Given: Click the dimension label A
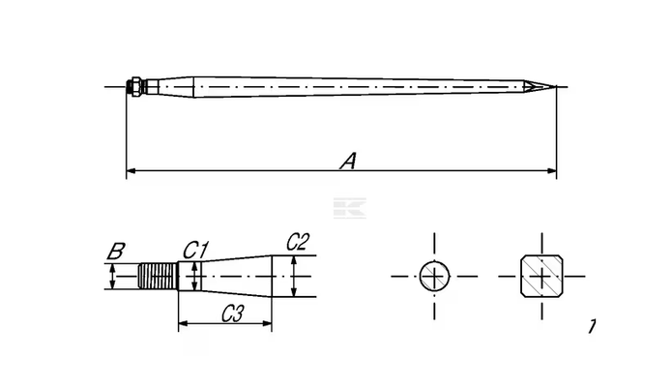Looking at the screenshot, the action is tap(348, 161).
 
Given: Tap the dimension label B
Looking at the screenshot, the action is tap(116, 252).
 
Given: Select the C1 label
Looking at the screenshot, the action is tap(195, 250).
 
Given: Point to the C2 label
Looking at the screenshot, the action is tap(298, 242).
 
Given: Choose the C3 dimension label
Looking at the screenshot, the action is tap(232, 314).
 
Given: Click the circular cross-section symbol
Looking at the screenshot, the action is tap(434, 277).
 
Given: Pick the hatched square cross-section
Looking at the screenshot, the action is tap(541, 276).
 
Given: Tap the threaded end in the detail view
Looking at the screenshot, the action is tap(159, 277).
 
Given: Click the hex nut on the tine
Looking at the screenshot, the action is tap(135, 87).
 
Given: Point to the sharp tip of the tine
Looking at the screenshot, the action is tap(556, 87).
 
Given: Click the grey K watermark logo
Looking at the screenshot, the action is tap(350, 208).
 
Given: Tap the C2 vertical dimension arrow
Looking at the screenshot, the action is tap(294, 277).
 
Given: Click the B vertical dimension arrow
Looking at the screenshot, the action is tap(112, 277).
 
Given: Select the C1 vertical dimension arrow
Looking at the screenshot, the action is tap(195, 277).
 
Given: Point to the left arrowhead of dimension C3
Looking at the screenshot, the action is tap(183, 323).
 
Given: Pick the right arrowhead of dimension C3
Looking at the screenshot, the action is tap(267, 323).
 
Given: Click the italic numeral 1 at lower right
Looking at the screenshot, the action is tap(592, 326).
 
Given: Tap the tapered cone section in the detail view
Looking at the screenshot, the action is tap(237, 277).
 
